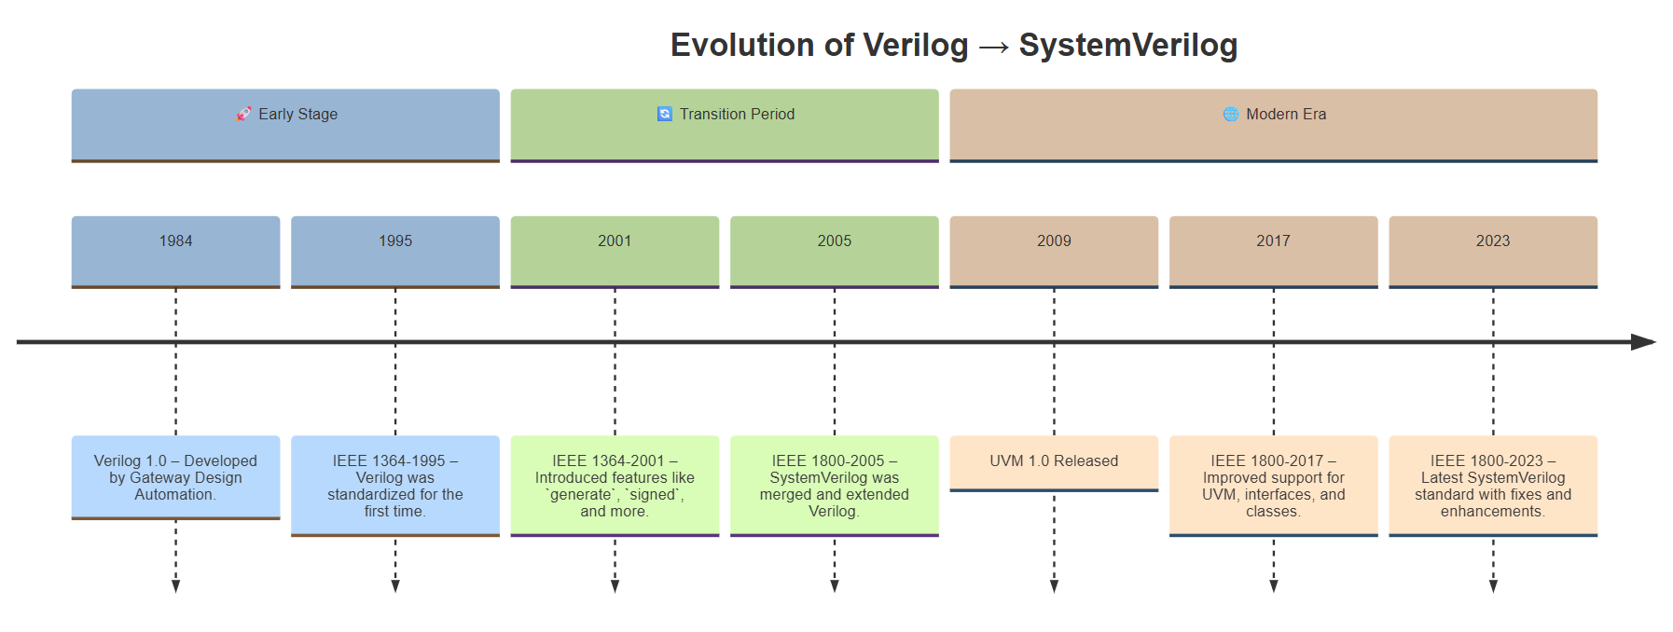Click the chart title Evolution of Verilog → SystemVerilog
[x=953, y=45]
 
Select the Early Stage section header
[x=285, y=126]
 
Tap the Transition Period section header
[x=725, y=126]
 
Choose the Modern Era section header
[x=1274, y=126]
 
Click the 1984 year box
[x=175, y=253]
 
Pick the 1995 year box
[x=395, y=253]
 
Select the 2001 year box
[x=615, y=253]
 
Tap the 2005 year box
[x=835, y=253]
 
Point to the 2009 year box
[x=1054, y=253]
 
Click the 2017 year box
[x=1274, y=253]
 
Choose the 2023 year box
[x=1493, y=253]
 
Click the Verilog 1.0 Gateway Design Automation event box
[x=175, y=477]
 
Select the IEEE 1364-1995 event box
[x=395, y=486]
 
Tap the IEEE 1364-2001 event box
[x=615, y=486]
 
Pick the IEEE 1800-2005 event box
[x=835, y=486]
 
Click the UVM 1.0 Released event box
[x=1054, y=463]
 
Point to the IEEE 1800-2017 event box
[x=1274, y=486]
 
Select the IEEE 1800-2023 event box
[x=1493, y=486]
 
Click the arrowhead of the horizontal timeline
[x=1643, y=342]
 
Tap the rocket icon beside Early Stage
[x=243, y=114]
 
